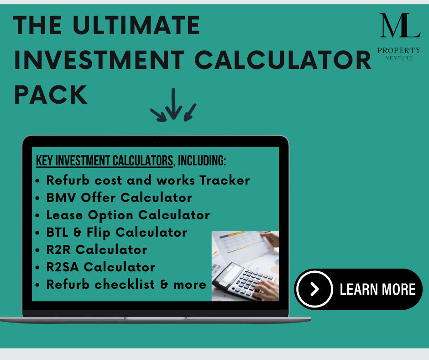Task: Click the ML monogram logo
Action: tap(400, 26)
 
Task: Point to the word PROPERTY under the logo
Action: tap(399, 50)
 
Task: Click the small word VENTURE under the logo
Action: tap(399, 58)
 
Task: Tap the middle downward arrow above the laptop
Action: tap(174, 104)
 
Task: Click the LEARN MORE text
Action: tap(377, 289)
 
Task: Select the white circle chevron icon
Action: tap(314, 289)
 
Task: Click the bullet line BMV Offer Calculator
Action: tap(119, 198)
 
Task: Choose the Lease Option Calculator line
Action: tap(128, 215)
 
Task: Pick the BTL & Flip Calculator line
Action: tap(116, 232)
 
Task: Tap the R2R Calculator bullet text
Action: tap(97, 249)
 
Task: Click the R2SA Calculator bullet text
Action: tap(101, 267)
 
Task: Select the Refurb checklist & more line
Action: tap(126, 284)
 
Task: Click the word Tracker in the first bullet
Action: tap(225, 180)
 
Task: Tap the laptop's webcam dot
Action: tap(155, 142)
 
